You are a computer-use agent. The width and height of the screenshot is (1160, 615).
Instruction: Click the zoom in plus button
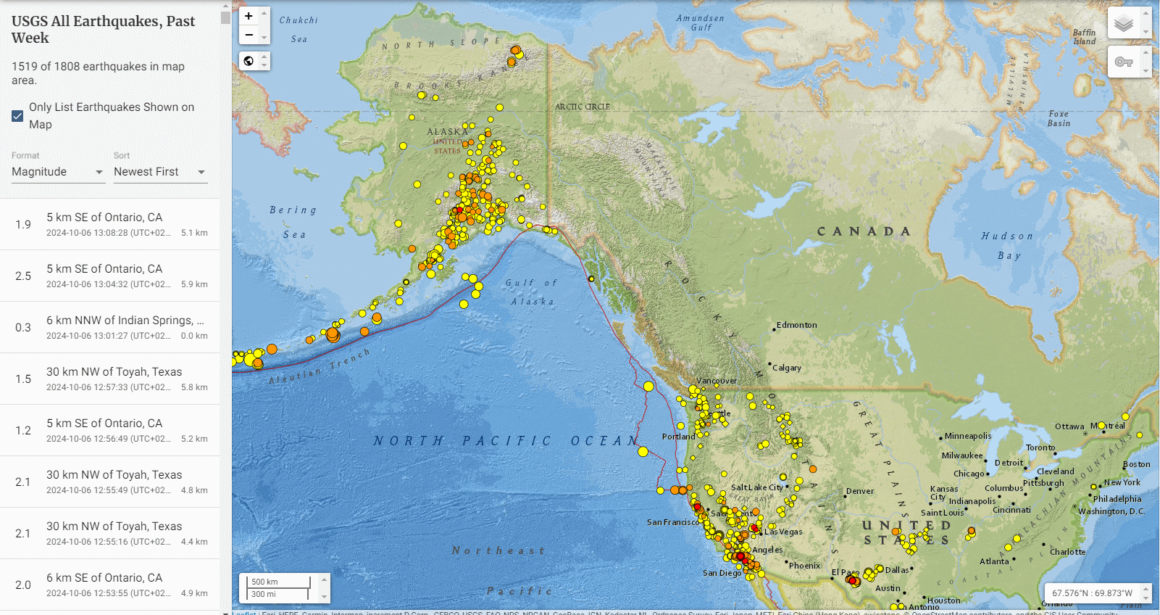pyautogui.click(x=249, y=16)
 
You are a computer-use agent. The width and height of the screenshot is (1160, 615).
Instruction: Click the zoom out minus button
pyautogui.click(x=249, y=35)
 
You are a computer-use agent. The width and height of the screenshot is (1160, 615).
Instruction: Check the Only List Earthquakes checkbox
pyautogui.click(x=18, y=116)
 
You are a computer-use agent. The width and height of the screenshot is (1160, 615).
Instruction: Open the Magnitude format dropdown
pyautogui.click(x=58, y=172)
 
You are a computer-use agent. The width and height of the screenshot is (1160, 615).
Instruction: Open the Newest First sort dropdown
pyautogui.click(x=159, y=172)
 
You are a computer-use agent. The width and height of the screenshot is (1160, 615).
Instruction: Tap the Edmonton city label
pyautogui.click(x=796, y=325)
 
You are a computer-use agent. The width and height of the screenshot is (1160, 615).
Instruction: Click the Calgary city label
pyautogui.click(x=786, y=368)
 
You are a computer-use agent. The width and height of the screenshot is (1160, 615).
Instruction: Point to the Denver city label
pyautogui.click(x=860, y=491)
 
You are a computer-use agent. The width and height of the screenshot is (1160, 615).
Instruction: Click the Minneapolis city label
pyautogui.click(x=968, y=436)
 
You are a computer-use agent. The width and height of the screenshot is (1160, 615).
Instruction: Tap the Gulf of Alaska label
pyautogui.click(x=532, y=292)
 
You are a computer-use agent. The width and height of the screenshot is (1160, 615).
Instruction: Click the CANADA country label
pyautogui.click(x=864, y=231)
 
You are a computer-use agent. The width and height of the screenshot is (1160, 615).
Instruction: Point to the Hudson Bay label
pyautogui.click(x=1007, y=245)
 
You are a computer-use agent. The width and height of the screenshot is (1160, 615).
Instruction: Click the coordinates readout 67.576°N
pyautogui.click(x=1092, y=593)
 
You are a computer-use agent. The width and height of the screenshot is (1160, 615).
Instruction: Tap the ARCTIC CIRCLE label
pyautogui.click(x=582, y=107)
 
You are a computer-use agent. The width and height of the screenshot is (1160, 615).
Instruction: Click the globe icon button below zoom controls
pyautogui.click(x=249, y=61)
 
